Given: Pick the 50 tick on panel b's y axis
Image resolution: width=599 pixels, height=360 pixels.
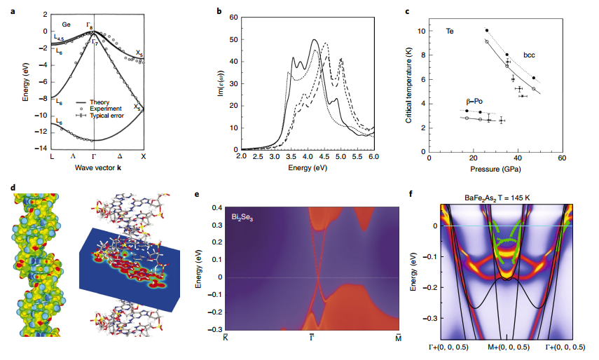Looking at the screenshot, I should click(233, 39).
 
